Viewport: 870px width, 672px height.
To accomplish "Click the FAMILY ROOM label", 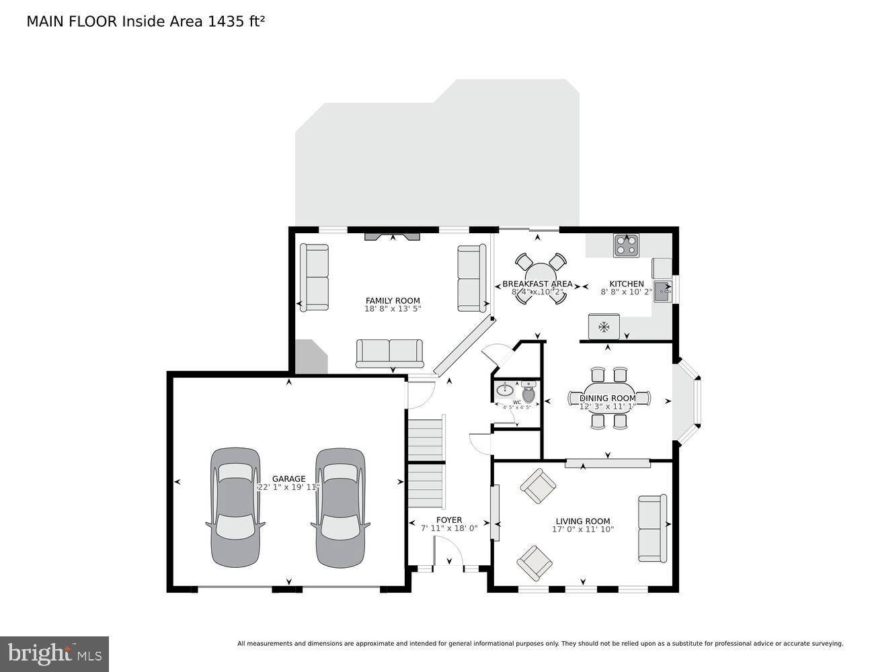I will point(393,300).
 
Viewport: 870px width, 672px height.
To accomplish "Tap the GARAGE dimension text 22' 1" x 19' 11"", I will point(288,488).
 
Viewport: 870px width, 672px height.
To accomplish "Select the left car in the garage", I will point(235,507).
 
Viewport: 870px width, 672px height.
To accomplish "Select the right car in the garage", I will point(341,507).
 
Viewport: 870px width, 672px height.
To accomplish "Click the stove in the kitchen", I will point(627,246).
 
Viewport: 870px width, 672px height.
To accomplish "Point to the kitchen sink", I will point(662,291).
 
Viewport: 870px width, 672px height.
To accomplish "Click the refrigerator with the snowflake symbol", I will point(604,327).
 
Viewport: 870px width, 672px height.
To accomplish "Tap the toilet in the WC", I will point(528,391).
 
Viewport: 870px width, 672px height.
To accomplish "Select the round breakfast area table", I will point(538,279).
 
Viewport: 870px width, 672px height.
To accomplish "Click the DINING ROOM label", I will point(608,398).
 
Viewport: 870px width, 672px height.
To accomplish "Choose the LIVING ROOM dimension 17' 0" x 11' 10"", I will point(583,529).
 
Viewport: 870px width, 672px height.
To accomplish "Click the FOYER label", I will point(449,519).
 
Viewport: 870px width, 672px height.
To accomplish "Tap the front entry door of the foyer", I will point(448,556).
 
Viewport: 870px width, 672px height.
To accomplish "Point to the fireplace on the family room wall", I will point(393,236).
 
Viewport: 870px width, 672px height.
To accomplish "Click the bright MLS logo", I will point(54,653).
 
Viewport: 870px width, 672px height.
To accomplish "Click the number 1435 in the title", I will point(226,22).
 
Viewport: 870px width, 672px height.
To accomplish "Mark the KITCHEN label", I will point(627,284).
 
